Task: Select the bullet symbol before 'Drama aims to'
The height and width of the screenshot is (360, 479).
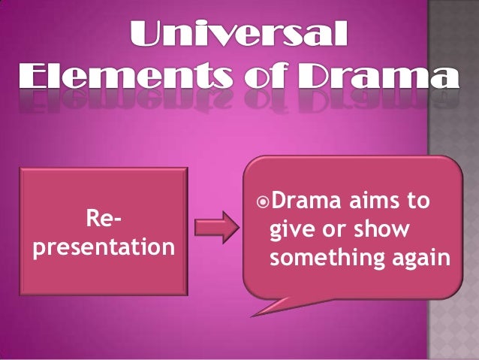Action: [261, 202]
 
